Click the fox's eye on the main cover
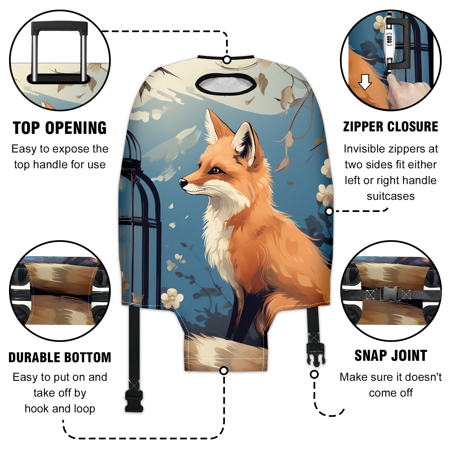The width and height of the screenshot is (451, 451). point(216,170)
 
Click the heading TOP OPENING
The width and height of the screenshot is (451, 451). point(60,128)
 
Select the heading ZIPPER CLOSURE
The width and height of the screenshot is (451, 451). point(391,127)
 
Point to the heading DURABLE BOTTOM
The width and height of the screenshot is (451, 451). point(60,357)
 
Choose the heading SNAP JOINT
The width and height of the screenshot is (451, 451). point(391,355)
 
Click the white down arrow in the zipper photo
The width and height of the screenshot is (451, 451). point(365,82)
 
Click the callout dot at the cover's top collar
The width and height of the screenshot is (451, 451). point(227,60)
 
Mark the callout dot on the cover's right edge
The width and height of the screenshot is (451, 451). point(329,211)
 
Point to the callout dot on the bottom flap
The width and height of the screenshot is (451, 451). point(224,370)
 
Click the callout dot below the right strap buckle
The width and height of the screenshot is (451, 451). point(314,374)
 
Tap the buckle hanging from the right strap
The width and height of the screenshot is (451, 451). point(316,354)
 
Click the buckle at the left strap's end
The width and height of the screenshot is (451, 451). point(134,401)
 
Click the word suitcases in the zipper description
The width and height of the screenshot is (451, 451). point(391,196)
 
